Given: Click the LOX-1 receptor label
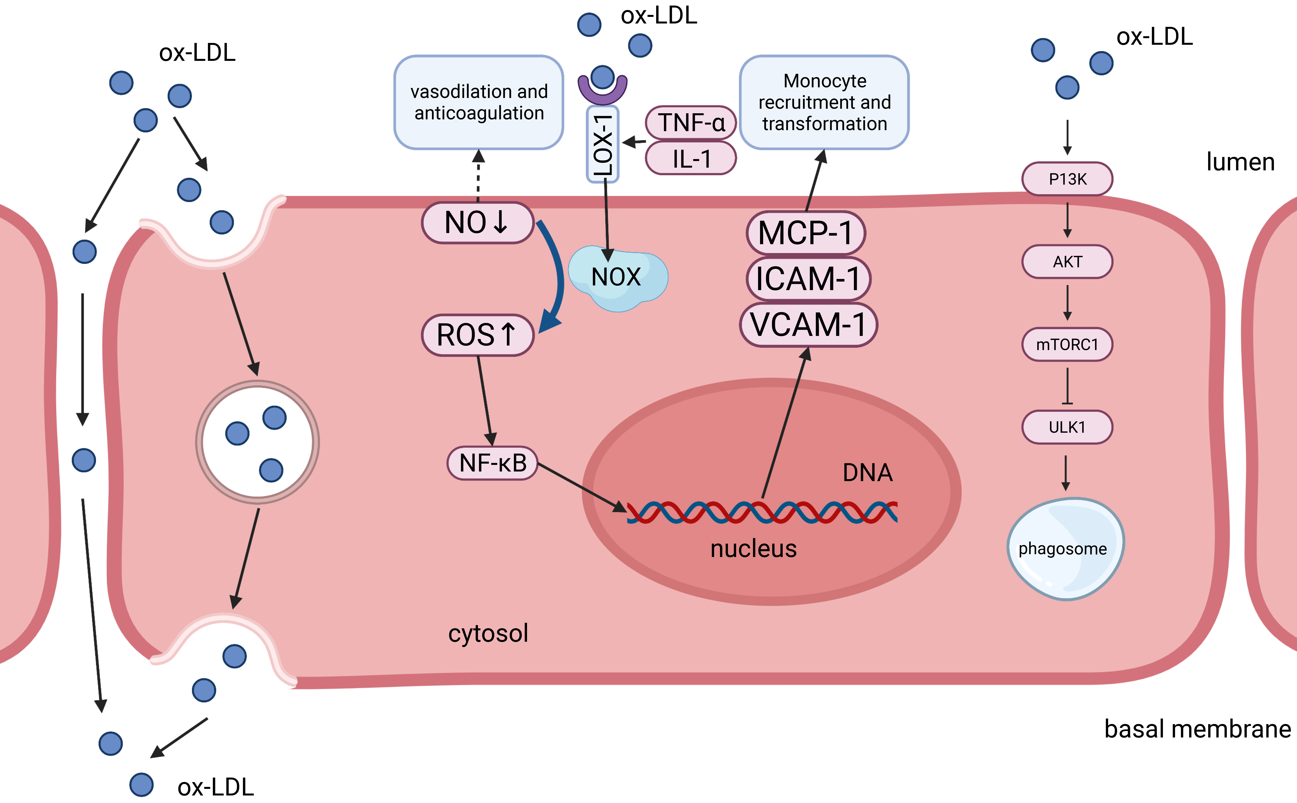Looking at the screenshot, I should (603, 144).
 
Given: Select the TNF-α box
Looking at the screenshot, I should (691, 123).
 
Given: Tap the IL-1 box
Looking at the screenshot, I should (691, 158).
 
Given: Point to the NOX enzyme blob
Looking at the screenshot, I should (617, 277).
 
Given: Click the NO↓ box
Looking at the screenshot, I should (477, 223).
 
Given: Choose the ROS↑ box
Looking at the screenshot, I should (477, 335).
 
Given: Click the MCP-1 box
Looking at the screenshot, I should (805, 233).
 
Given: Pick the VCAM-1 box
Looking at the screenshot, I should (808, 324).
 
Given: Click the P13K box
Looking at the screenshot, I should (1067, 179).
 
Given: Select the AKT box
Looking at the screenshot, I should (1067, 262).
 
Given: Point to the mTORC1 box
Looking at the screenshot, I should (1067, 345).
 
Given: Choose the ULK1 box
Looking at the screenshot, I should (1067, 427).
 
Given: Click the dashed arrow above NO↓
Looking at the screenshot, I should (478, 175).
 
